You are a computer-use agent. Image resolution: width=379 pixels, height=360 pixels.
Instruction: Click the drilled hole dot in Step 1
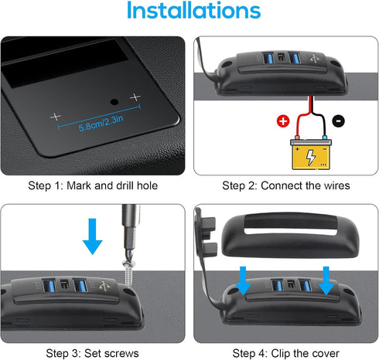coord(114,102)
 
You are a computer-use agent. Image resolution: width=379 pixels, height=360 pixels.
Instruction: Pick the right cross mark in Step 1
coord(136,97)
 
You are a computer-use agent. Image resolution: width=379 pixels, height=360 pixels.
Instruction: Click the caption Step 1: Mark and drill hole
coord(94,185)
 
